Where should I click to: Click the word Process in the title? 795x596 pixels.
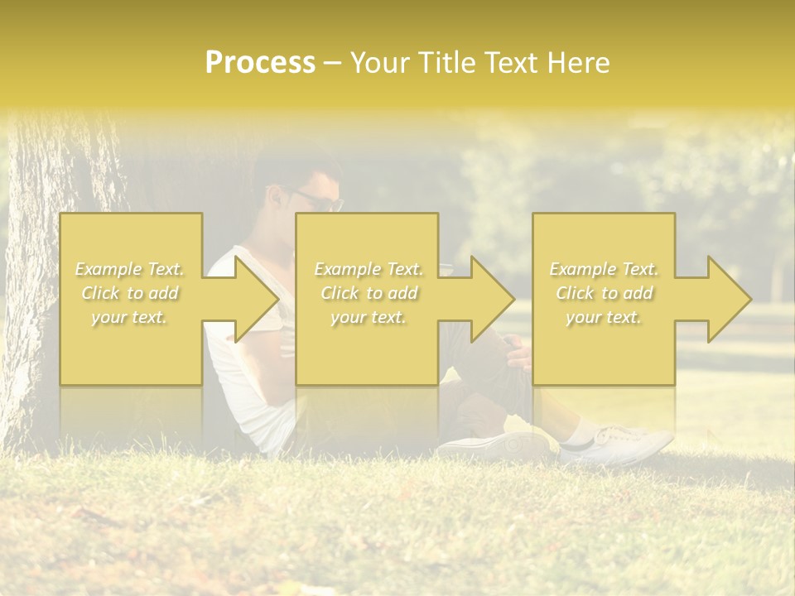tap(260, 63)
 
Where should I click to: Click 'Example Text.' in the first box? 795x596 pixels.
tap(129, 269)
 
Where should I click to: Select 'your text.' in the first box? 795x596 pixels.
tap(129, 317)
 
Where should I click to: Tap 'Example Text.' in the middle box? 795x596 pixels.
tap(369, 269)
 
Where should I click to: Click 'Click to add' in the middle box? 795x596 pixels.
tap(369, 293)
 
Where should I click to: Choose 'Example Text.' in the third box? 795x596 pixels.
tap(604, 269)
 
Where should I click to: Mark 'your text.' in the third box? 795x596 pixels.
tap(604, 317)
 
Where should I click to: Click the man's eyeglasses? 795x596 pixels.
tap(319, 199)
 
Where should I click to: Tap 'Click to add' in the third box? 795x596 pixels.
tap(604, 293)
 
